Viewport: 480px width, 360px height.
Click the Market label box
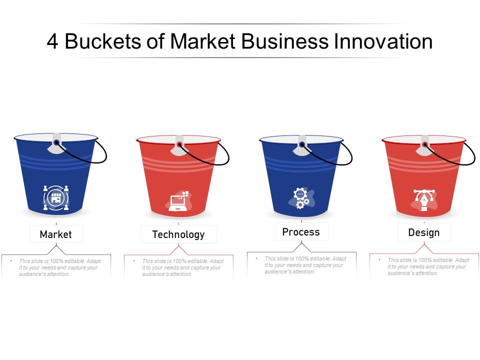pos(56,234)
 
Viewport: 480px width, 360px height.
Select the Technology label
pos(178,234)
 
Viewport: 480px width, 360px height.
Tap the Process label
pos(301,231)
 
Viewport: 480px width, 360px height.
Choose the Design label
pos(424,232)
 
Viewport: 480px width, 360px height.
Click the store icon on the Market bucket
pos(55,197)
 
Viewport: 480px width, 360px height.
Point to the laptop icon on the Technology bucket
pos(178,200)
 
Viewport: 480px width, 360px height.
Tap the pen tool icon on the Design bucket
pos(424,199)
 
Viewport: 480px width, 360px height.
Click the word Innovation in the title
pos(383,42)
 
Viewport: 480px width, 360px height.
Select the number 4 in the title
pos(52,42)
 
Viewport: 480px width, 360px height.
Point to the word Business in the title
pos(284,42)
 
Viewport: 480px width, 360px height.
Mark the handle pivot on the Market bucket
pos(56,143)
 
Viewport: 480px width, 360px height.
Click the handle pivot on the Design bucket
pos(425,144)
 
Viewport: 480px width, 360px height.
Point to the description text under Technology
pos(180,267)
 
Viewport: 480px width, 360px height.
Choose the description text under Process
pos(303,265)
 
